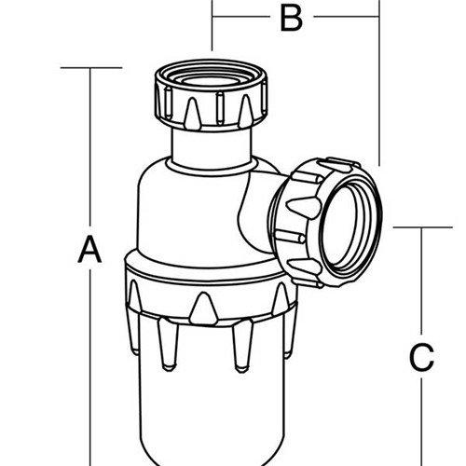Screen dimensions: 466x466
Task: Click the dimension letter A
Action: (x=89, y=249)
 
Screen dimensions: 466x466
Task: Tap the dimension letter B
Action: (x=291, y=18)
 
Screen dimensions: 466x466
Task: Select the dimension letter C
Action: (x=421, y=357)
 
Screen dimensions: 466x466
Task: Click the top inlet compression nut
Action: (x=211, y=94)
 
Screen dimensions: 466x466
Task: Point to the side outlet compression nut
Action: (x=326, y=223)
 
